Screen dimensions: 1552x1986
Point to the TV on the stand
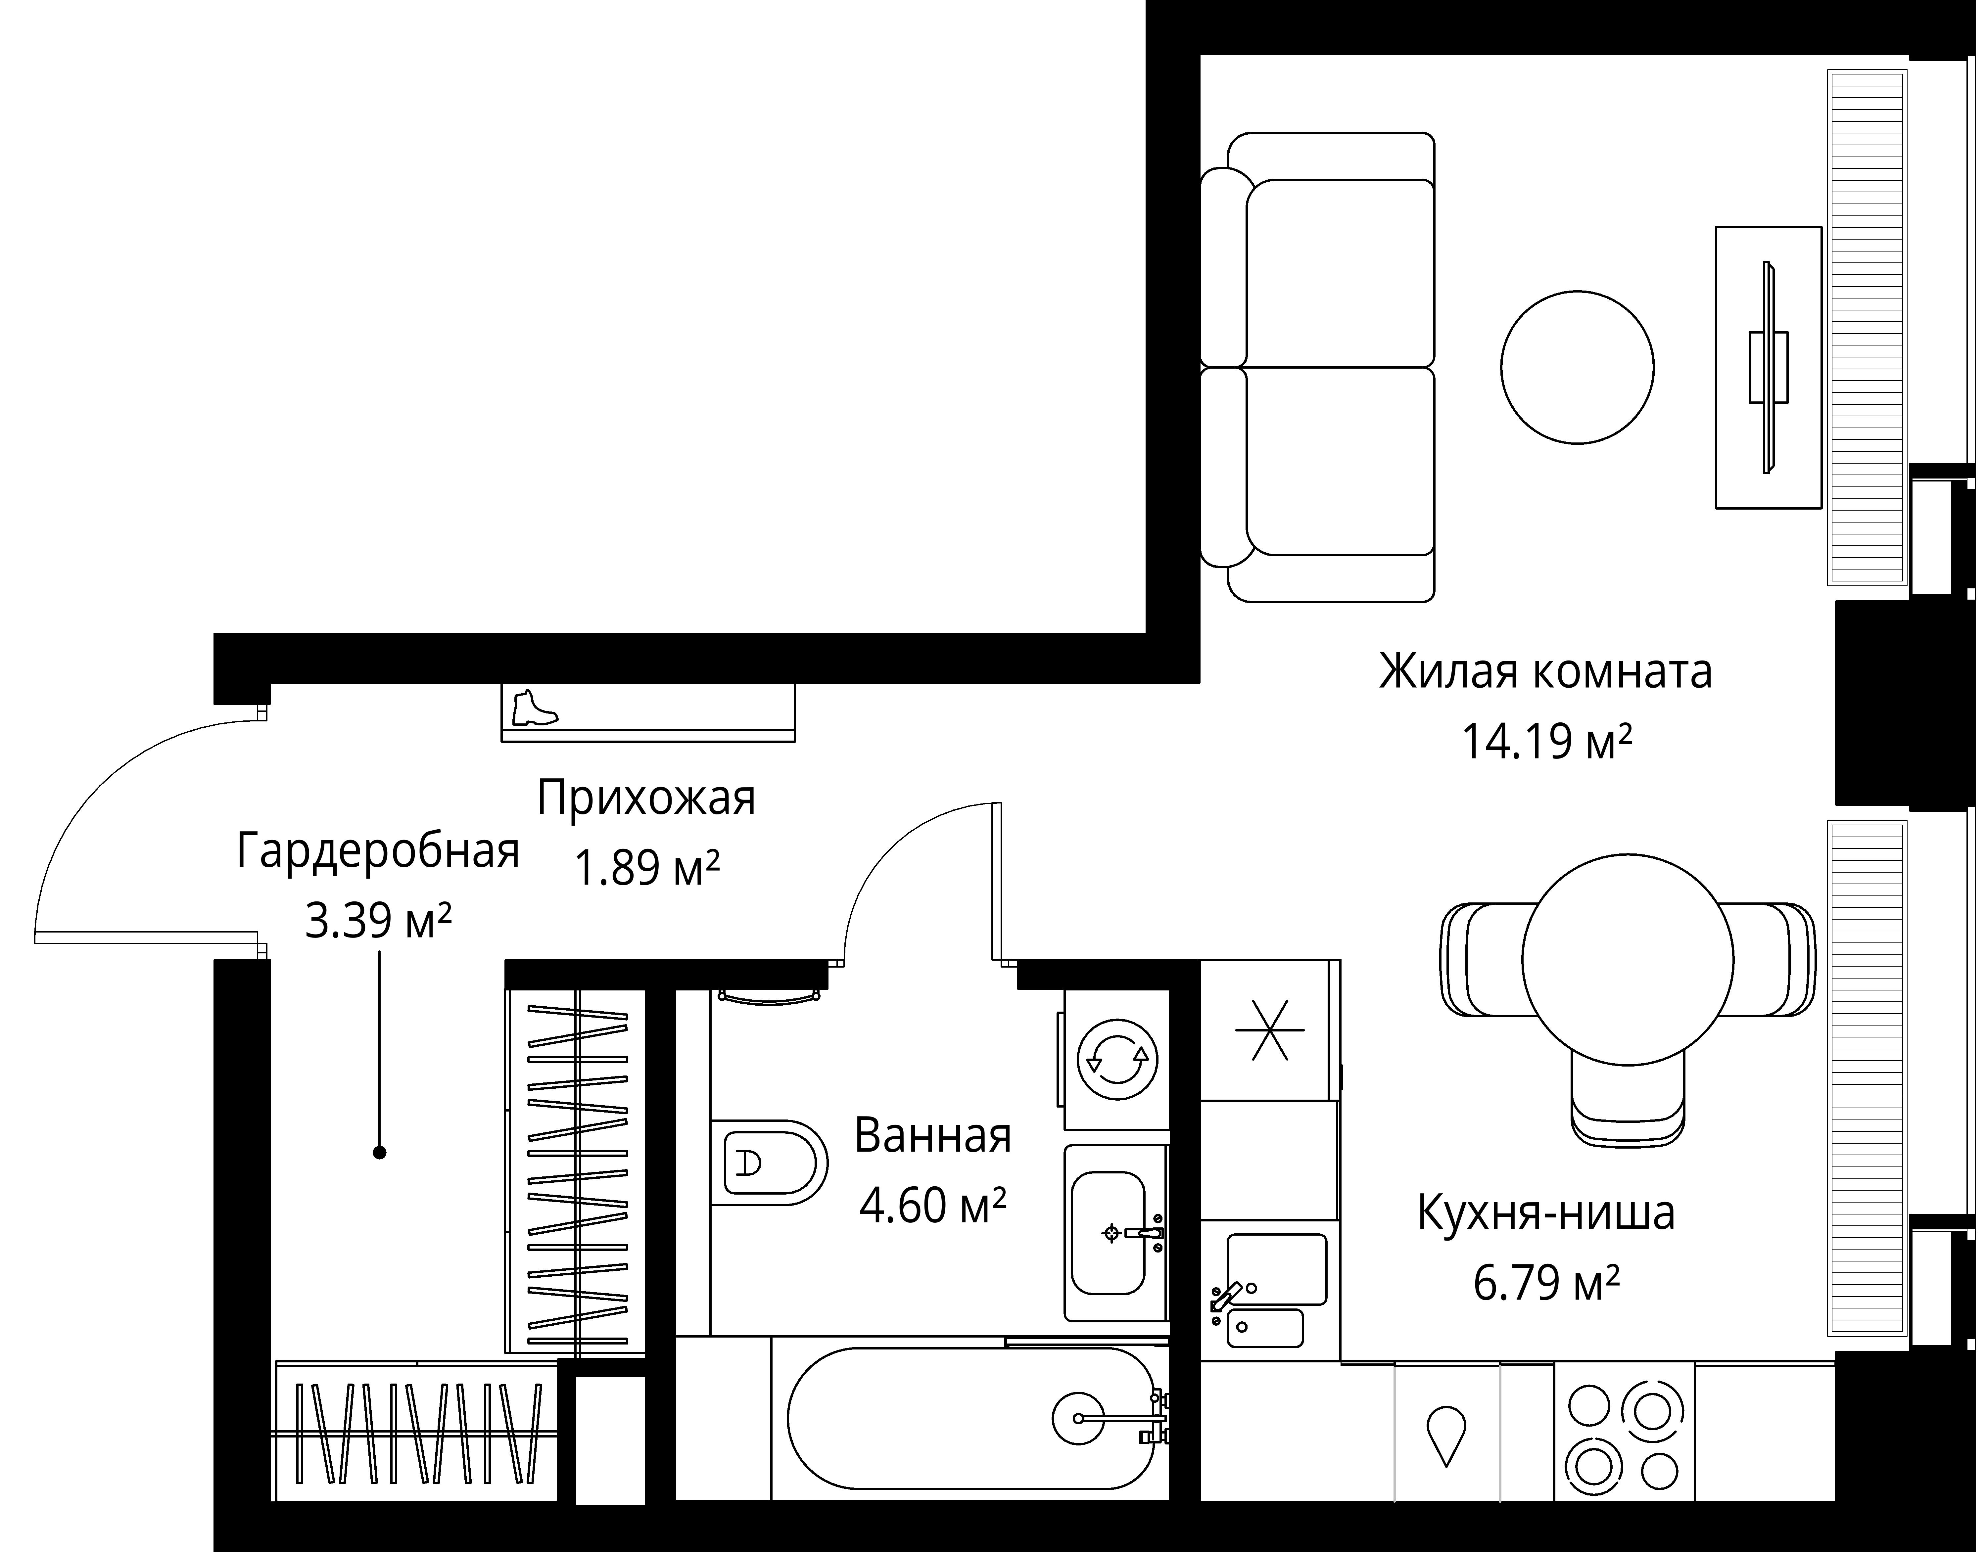[x=1768, y=367]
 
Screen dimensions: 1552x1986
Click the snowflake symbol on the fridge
[x=1269, y=1030]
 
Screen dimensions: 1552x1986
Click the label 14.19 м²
[x=1546, y=742]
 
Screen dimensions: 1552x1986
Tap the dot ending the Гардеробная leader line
[x=380, y=1153]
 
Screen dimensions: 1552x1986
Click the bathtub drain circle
[x=1078, y=1417]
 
